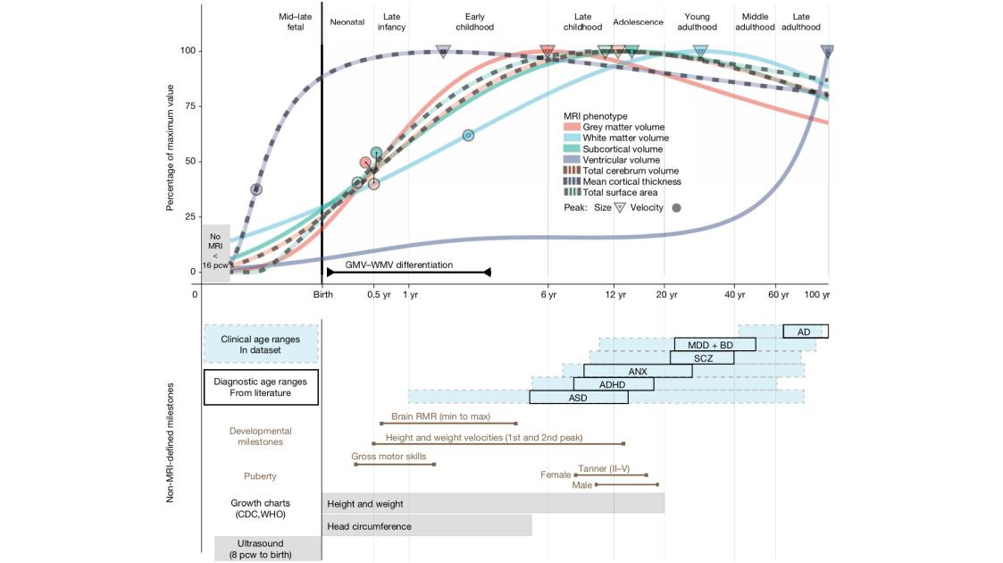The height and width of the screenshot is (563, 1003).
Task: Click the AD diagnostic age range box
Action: click(x=805, y=332)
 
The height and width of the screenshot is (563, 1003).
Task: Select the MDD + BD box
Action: click(x=715, y=345)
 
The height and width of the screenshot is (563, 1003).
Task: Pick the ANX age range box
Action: click(x=638, y=371)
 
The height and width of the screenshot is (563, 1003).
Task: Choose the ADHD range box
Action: click(x=613, y=384)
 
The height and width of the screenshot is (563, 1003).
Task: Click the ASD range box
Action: click(x=578, y=398)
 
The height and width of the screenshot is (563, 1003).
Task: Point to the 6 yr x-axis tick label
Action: click(x=548, y=294)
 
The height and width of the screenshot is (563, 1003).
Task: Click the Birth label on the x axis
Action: click(x=322, y=294)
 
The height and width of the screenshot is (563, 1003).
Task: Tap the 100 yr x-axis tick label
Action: click(x=818, y=294)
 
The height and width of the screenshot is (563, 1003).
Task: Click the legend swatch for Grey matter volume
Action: click(x=572, y=128)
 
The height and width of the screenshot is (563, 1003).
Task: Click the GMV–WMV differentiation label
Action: click(x=398, y=265)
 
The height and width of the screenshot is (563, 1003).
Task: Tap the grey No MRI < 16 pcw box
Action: click(x=215, y=254)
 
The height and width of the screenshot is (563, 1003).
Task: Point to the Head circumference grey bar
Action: click(x=426, y=526)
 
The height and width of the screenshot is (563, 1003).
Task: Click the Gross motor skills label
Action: click(x=389, y=456)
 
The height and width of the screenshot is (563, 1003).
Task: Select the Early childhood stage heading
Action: click(x=474, y=21)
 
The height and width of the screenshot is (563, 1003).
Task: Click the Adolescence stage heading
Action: click(x=638, y=21)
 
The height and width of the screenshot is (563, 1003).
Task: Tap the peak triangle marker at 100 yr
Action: click(x=827, y=51)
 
